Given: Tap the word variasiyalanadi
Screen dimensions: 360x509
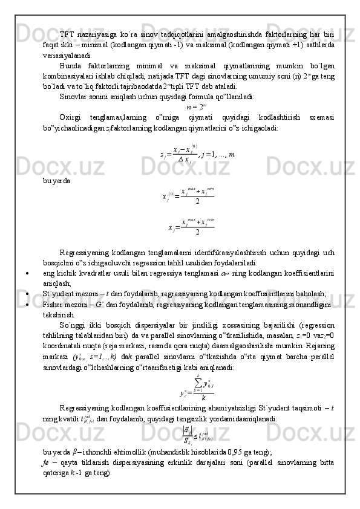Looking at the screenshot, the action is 65,54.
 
